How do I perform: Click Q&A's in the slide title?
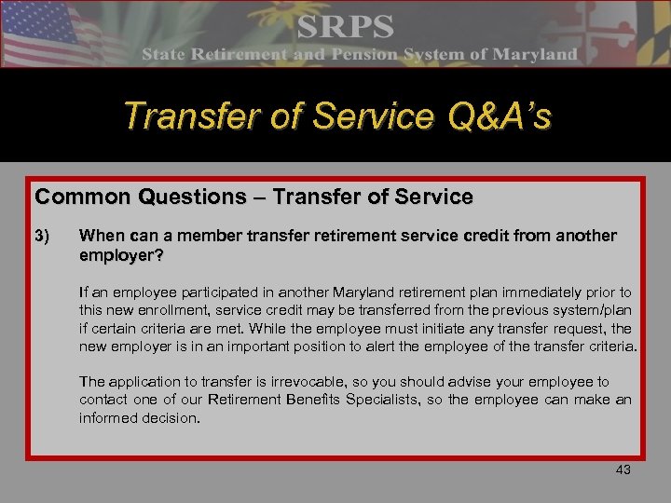[x=496, y=116]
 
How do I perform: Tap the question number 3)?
[x=43, y=236]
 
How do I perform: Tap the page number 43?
[x=623, y=470]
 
